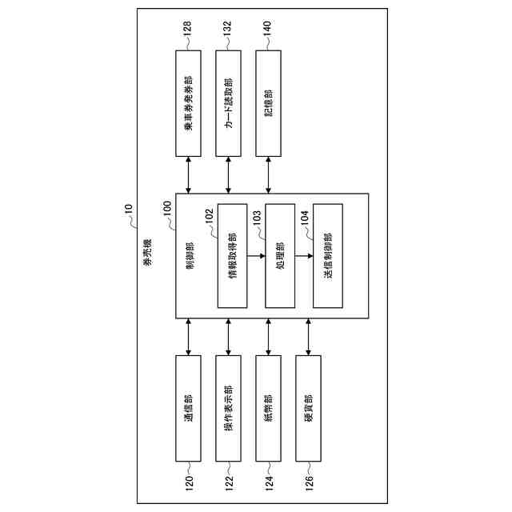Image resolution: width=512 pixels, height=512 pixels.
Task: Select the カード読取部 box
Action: click(230, 104)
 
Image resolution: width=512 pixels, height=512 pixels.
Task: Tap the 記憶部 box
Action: click(270, 104)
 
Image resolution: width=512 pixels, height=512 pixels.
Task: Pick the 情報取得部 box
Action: click(232, 256)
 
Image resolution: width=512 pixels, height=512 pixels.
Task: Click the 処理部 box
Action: click(280, 256)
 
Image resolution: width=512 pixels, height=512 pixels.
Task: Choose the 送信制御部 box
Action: click(328, 256)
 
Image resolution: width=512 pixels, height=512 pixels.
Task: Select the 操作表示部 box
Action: click(230, 408)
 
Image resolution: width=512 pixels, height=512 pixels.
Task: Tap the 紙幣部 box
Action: click(270, 408)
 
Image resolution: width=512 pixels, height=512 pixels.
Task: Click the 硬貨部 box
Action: click(310, 408)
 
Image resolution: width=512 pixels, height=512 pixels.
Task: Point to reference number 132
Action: click(230, 30)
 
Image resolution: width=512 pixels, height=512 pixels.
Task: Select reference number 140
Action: click(270, 30)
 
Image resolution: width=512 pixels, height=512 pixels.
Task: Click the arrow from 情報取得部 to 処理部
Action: click(256, 256)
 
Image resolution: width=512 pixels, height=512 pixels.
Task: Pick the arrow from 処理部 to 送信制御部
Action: click(304, 256)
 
